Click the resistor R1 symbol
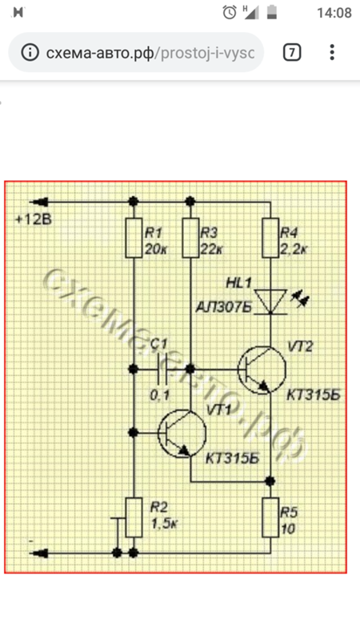tap(134, 238)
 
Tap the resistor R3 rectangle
tap(190, 238)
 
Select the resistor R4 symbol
tap(270, 238)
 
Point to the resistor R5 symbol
tap(270, 518)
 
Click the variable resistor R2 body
tap(134, 518)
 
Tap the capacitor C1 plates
tap(162, 370)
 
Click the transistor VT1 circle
tap(182, 434)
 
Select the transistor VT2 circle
tap(262, 370)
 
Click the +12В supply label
tap(34, 219)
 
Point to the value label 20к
tap(156, 250)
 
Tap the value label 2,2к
tap(294, 250)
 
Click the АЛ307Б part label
tap(224, 307)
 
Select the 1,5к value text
tap(164, 523)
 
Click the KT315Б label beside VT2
tap(314, 395)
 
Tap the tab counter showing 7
tap(292, 52)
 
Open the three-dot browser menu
tap(332, 52)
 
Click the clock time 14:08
tap(334, 13)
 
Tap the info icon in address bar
tap(30, 52)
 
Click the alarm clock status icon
tap(230, 13)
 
